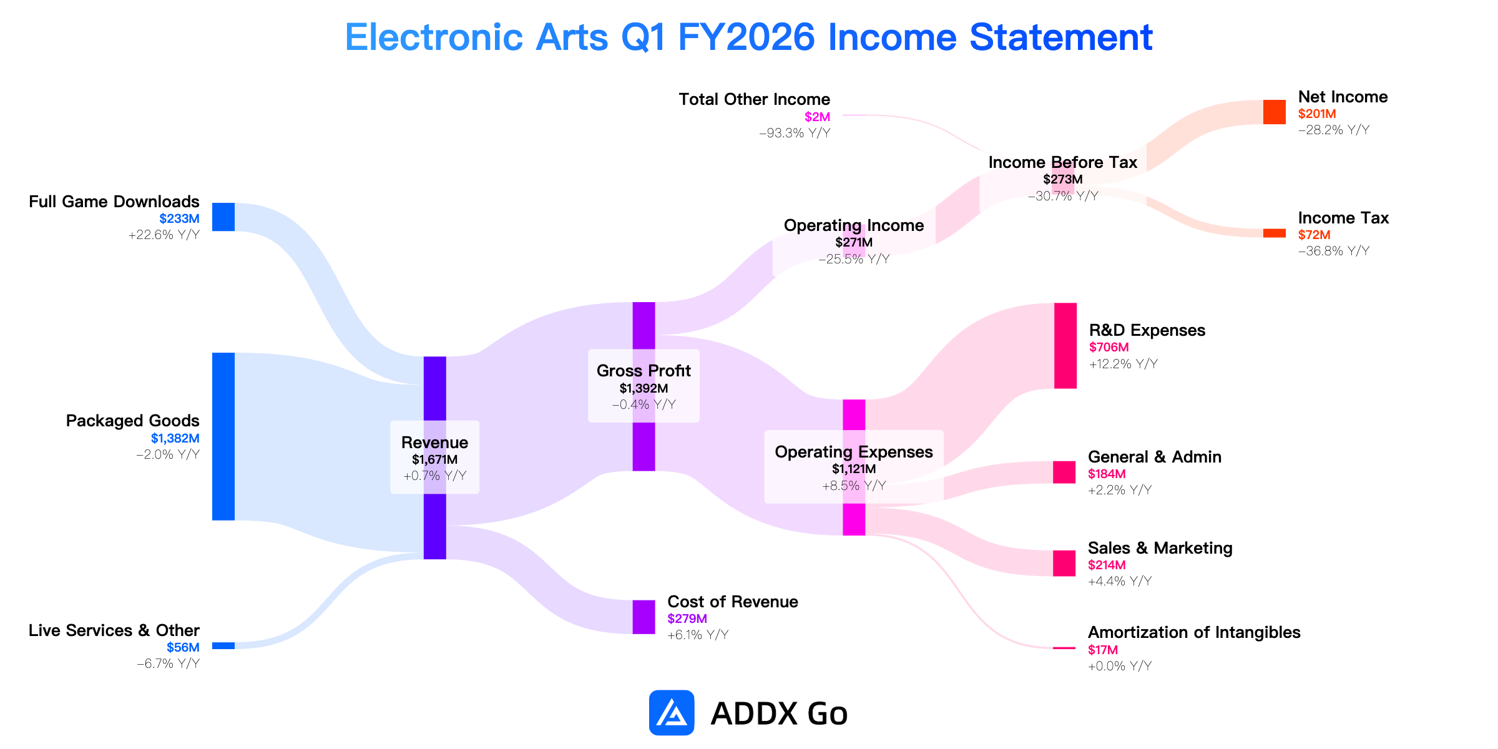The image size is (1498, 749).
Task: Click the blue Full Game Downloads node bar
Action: (223, 217)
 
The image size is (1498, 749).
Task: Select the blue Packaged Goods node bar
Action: (223, 436)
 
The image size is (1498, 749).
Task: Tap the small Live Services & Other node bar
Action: (223, 645)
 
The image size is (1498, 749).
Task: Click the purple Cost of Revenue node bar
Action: (644, 617)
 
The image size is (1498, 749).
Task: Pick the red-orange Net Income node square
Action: (1275, 112)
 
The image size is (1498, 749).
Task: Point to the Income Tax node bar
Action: (1275, 233)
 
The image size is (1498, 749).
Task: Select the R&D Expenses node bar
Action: (1065, 346)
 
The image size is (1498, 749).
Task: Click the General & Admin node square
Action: (1064, 472)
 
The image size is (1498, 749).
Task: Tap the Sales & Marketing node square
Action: (1064, 563)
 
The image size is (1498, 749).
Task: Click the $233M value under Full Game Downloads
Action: (179, 218)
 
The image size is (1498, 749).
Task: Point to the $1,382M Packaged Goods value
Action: (175, 438)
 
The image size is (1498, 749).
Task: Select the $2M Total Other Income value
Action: (817, 117)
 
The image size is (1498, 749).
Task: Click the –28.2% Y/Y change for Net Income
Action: (1334, 130)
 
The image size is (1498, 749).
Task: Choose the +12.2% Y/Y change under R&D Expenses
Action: (1123, 364)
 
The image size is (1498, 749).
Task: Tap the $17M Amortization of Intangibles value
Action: (1103, 650)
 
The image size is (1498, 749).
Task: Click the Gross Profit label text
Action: (644, 371)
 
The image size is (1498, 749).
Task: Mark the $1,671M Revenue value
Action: (434, 459)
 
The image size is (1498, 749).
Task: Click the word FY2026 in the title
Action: (747, 37)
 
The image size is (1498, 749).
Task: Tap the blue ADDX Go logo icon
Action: (672, 713)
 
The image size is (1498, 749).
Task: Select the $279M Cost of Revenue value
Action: (687, 619)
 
